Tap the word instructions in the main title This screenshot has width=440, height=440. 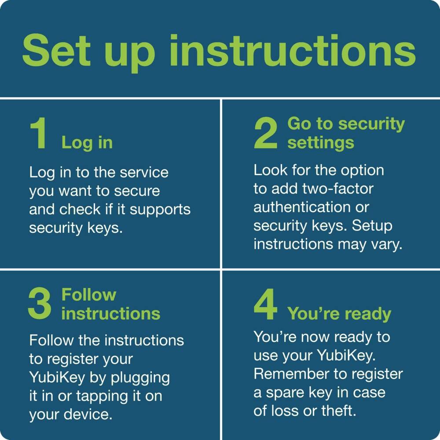click(292, 52)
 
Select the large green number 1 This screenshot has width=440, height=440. click(39, 134)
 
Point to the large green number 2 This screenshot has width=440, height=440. click(266, 134)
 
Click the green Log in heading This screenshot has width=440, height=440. click(87, 143)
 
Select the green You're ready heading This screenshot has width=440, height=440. click(339, 314)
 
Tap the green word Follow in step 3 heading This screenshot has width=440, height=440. click(89, 294)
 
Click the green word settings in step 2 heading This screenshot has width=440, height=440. click(321, 143)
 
